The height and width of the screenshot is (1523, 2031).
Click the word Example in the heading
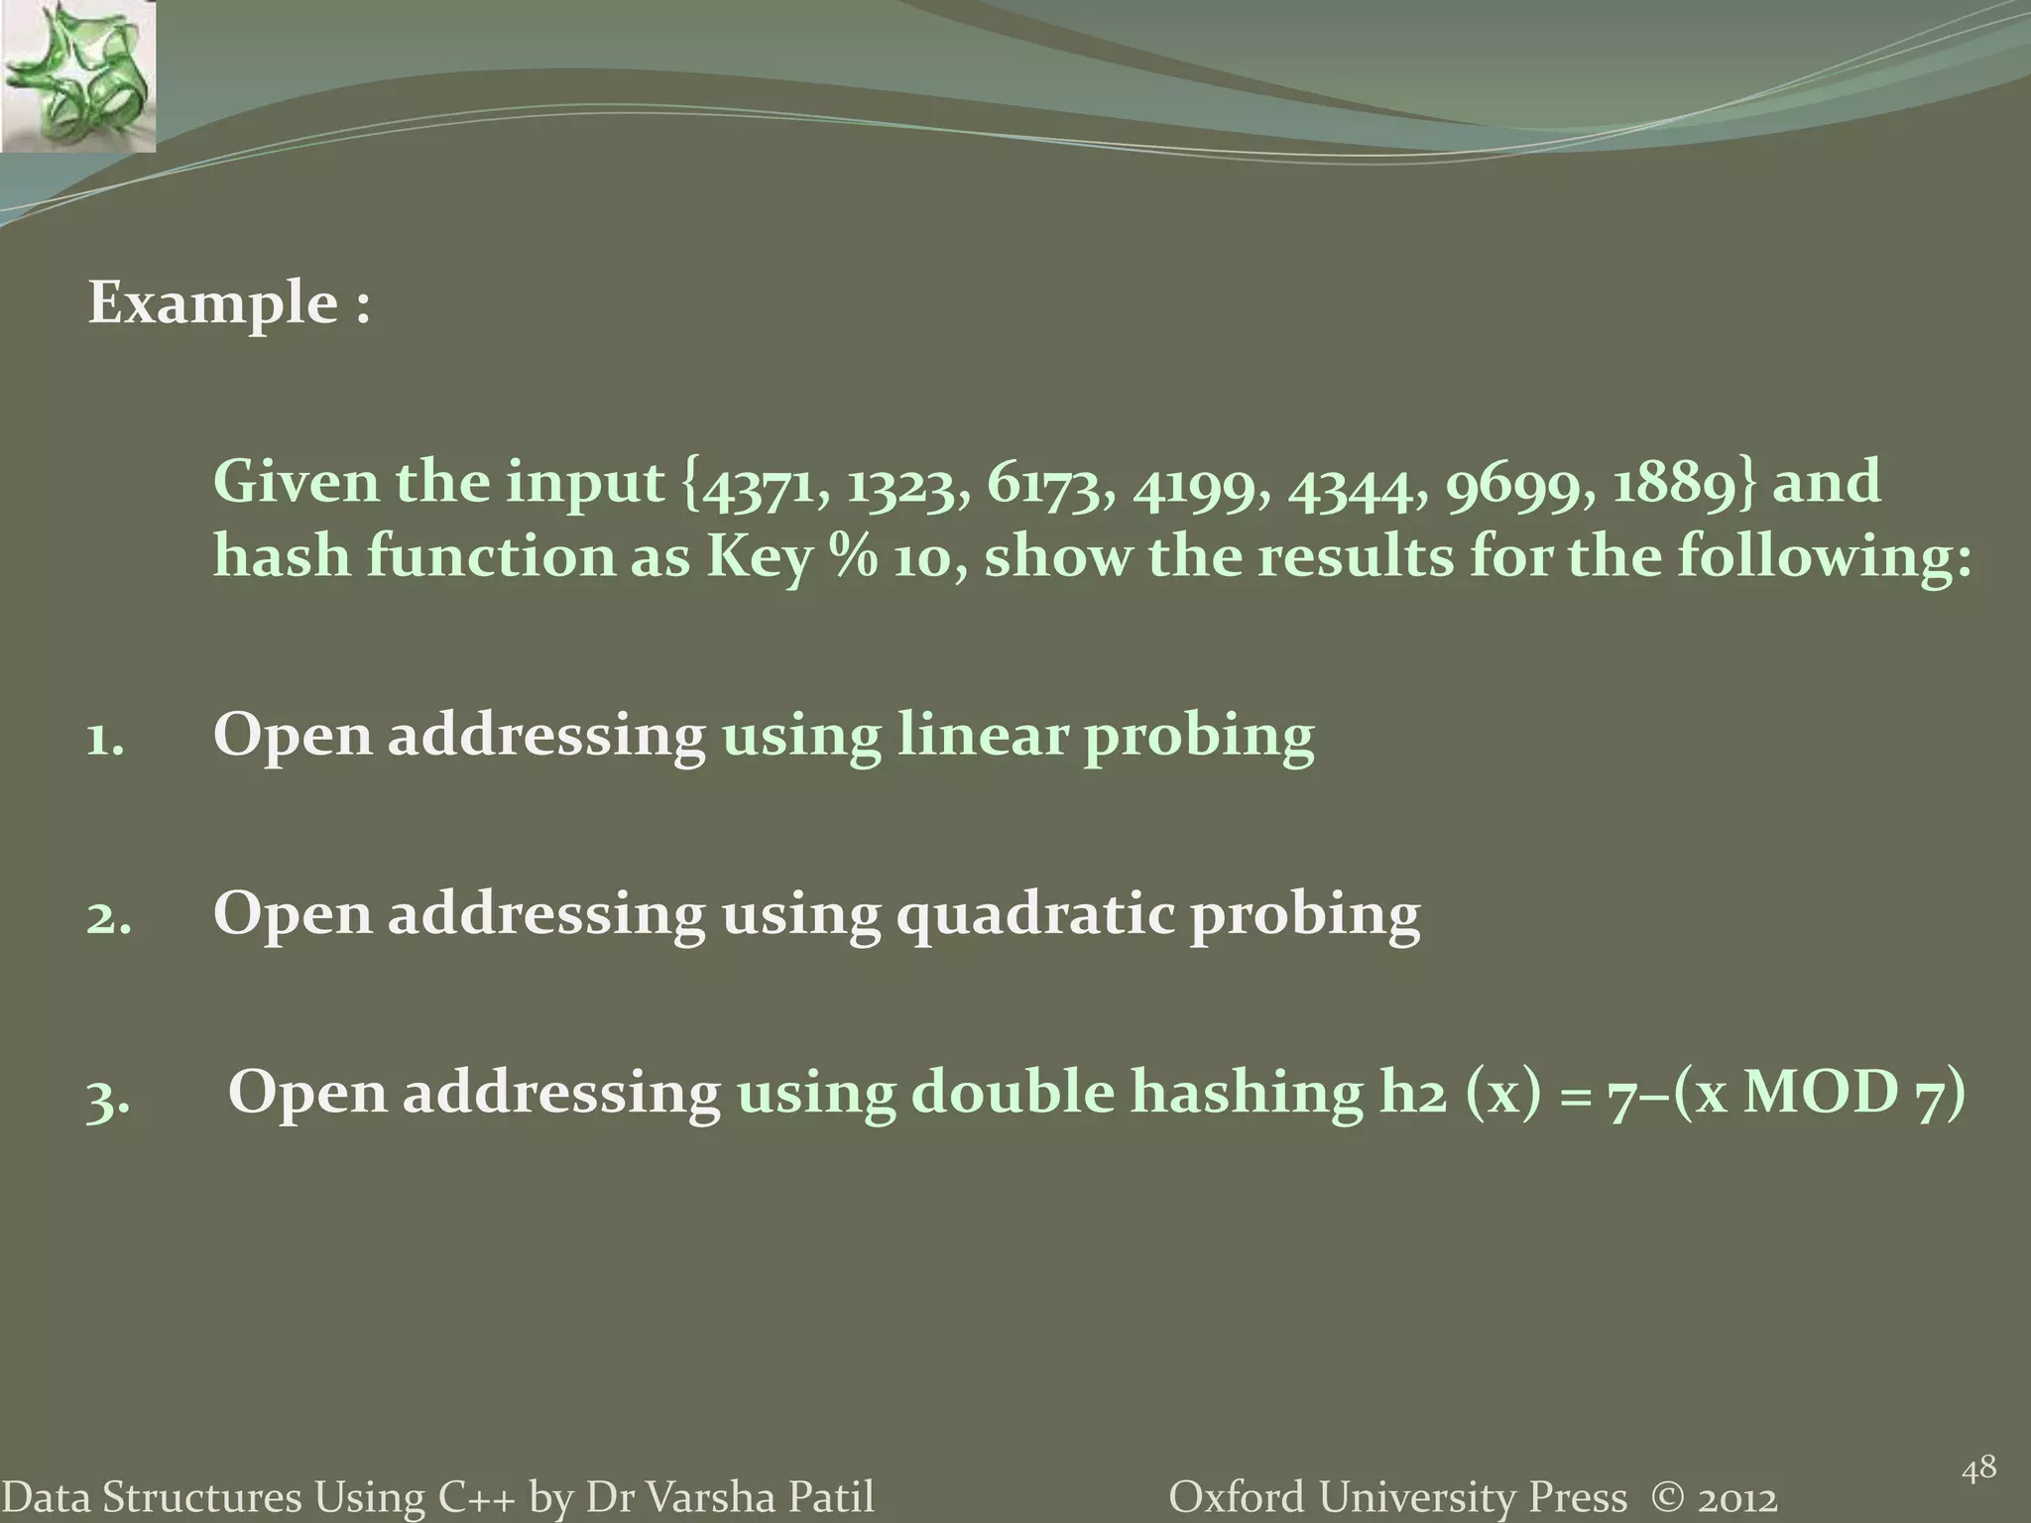pos(213,303)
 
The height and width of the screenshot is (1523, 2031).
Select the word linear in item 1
pos(981,737)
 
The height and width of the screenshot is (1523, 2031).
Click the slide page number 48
pos(1978,1467)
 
